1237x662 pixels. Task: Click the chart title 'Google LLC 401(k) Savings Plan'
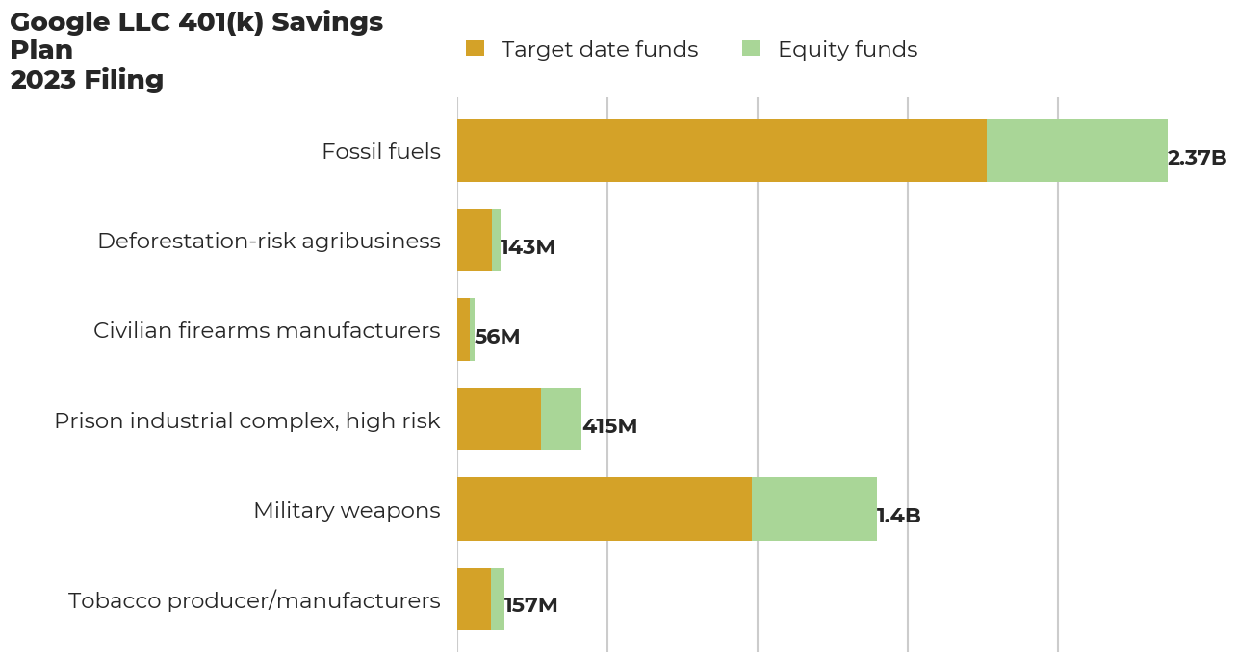coord(196,37)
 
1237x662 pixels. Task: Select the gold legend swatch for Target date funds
coord(475,49)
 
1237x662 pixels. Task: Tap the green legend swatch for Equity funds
coord(751,49)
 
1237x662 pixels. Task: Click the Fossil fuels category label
coord(381,151)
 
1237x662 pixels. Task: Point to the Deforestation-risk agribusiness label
coord(269,241)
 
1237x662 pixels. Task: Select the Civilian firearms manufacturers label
coord(267,330)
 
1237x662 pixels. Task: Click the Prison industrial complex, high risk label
coord(247,420)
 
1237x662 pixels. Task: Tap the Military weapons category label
coord(347,510)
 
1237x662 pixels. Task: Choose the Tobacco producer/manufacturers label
coord(254,600)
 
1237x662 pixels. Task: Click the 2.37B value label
coord(1197,158)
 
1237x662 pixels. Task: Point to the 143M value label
coord(528,247)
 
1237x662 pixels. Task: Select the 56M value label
coord(497,337)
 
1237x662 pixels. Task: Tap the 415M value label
coord(609,426)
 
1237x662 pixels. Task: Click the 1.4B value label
coord(898,516)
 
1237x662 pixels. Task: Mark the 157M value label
coord(530,605)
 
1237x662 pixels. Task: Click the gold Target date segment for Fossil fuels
coord(722,151)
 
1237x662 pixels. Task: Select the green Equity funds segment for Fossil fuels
coord(1077,151)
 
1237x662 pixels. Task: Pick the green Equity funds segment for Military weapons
coord(814,509)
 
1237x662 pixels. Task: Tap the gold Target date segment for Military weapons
coord(605,509)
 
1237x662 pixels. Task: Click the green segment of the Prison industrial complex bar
coord(561,420)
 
